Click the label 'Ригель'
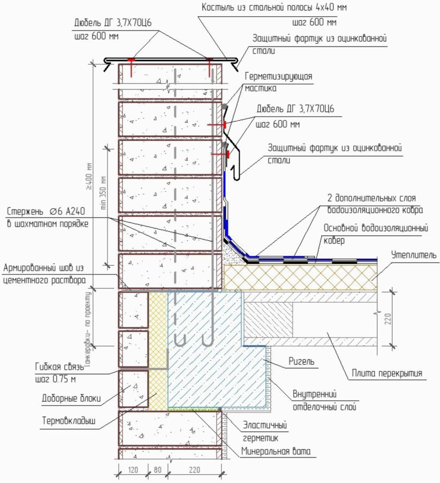[301, 361]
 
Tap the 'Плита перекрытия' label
[386, 373]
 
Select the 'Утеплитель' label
[414, 255]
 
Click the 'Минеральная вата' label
[275, 452]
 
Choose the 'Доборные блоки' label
[71, 398]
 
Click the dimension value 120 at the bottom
[133, 470]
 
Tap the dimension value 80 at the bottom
[158, 470]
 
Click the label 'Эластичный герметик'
[265, 432]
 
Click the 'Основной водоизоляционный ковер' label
[375, 234]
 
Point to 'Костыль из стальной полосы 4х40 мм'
[274, 8]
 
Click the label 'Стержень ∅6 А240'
[46, 211]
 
